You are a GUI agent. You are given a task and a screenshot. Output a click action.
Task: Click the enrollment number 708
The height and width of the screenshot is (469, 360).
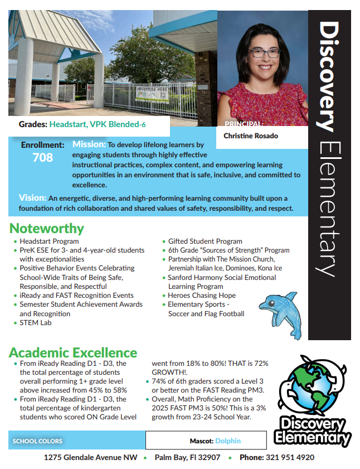tap(42, 158)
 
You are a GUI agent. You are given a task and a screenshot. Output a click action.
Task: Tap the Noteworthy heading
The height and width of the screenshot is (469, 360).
tap(47, 228)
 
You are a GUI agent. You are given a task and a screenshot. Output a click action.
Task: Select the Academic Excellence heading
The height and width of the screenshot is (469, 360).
tap(73, 352)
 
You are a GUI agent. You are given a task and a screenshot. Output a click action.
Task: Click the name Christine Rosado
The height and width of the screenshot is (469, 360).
tap(251, 136)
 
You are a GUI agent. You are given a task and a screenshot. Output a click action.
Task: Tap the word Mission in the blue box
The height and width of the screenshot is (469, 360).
tap(89, 144)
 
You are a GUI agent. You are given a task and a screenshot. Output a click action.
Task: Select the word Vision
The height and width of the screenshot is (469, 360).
tap(32, 198)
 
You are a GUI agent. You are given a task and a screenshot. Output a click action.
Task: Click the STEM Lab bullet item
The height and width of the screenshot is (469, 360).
tap(36, 322)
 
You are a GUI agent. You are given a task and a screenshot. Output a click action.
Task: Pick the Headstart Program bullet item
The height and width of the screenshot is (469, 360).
tap(49, 241)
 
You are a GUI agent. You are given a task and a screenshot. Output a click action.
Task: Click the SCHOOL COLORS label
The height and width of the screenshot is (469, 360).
tap(37, 441)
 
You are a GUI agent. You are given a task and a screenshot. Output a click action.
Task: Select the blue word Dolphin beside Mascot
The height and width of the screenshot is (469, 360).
tap(228, 441)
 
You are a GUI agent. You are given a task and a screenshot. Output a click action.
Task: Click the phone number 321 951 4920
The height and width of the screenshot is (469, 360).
tap(291, 457)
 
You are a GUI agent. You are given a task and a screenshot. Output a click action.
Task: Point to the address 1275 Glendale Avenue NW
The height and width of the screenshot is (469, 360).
tap(91, 457)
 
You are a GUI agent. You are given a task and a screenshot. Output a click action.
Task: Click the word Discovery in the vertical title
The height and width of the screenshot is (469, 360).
tap(329, 76)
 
